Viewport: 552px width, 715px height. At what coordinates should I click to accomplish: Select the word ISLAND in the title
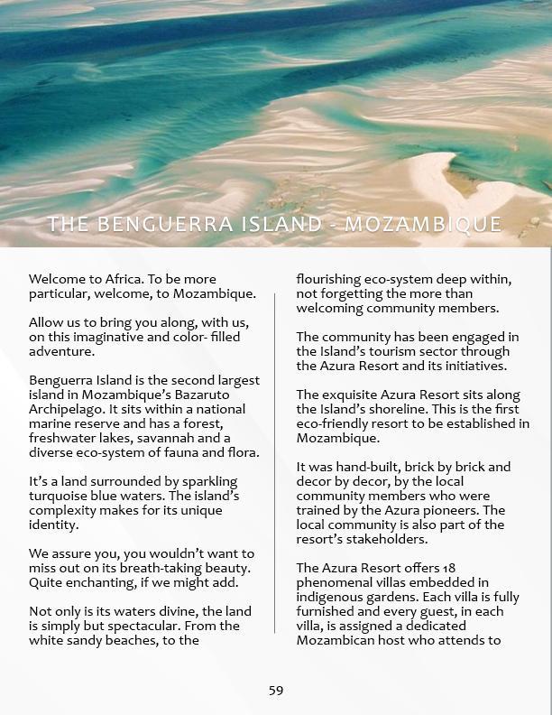click(x=268, y=224)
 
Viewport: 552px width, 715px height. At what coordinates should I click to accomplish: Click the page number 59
click(x=276, y=691)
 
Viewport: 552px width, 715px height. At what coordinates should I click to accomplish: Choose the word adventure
click(x=61, y=351)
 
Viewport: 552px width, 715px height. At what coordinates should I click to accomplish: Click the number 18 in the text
click(x=450, y=568)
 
